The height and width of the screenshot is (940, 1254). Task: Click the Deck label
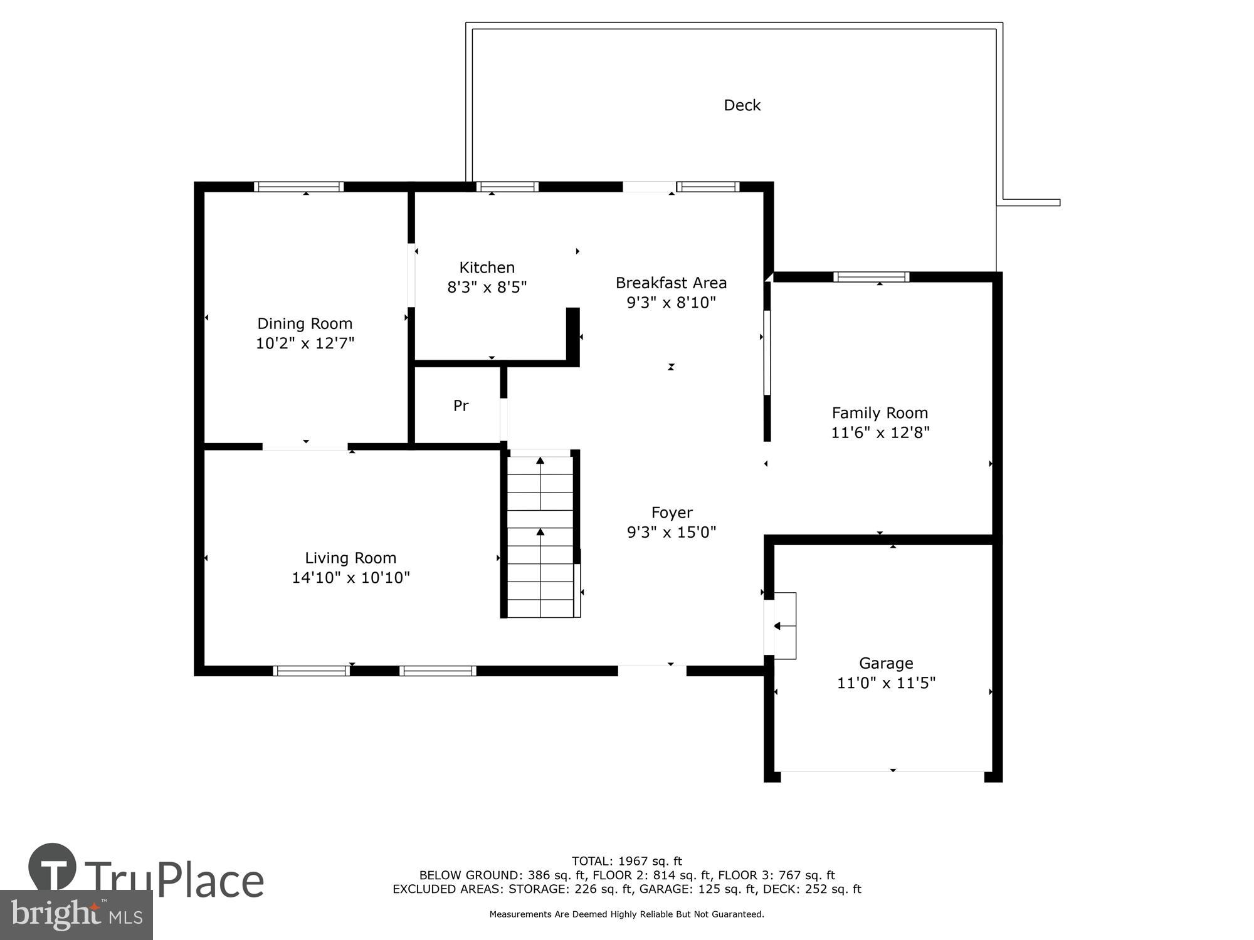742,105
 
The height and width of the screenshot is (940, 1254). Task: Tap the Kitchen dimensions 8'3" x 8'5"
487,288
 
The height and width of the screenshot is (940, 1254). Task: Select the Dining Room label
305,323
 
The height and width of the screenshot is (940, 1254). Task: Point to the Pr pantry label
461,406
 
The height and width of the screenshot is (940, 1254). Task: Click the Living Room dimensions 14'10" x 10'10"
350,578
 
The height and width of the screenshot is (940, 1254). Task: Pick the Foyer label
672,513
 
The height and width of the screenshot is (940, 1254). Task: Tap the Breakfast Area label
671,283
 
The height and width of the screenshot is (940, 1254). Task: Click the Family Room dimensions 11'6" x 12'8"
880,433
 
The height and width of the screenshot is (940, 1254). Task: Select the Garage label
886,663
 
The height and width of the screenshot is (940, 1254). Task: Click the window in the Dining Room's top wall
299,187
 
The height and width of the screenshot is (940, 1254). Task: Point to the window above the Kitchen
507,187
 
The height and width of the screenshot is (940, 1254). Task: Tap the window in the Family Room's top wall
871,277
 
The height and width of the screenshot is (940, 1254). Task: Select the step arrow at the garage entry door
777,626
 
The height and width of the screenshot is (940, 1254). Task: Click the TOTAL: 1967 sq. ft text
626,861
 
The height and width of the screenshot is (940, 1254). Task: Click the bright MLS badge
76,915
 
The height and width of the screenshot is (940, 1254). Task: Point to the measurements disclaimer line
626,914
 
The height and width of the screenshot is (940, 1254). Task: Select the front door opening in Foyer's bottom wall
652,670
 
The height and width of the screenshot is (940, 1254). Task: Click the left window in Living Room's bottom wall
312,671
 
